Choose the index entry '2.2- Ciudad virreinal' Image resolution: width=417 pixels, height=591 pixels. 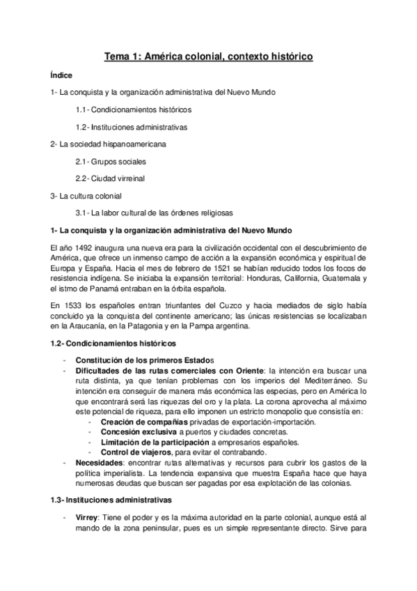tap(110, 178)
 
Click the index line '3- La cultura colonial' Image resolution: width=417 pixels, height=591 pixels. tap(86, 195)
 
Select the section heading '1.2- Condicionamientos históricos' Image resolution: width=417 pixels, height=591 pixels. tap(113, 344)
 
